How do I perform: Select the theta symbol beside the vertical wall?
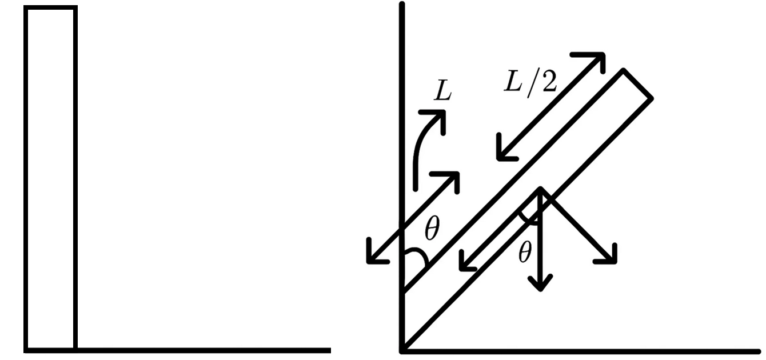(x=432, y=228)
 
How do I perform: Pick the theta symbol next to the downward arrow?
(x=525, y=253)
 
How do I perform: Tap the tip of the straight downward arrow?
(x=540, y=290)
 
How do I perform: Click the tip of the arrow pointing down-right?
(x=615, y=262)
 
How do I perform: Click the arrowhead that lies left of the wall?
(x=368, y=262)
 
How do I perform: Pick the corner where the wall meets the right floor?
(x=402, y=351)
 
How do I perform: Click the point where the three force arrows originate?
(x=540, y=189)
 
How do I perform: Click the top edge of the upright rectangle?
(x=51, y=7)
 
